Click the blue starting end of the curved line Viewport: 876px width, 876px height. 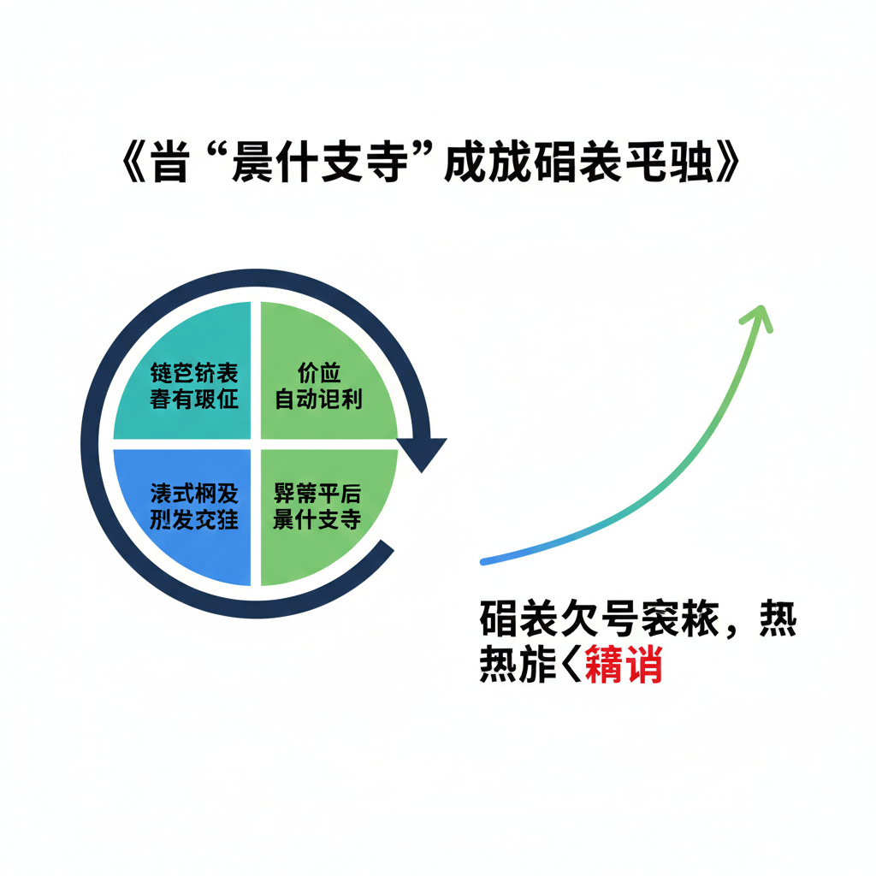click(x=486, y=561)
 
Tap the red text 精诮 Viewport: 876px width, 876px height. click(x=624, y=668)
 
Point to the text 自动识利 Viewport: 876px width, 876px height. click(x=318, y=399)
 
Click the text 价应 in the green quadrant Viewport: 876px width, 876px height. click(x=318, y=374)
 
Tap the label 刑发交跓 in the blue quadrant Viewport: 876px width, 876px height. click(x=193, y=519)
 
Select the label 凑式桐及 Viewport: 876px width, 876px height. click(x=193, y=494)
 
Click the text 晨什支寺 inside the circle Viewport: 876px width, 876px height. click(x=317, y=519)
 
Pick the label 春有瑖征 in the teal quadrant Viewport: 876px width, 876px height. click(x=193, y=399)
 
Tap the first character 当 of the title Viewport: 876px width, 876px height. click(x=170, y=164)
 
